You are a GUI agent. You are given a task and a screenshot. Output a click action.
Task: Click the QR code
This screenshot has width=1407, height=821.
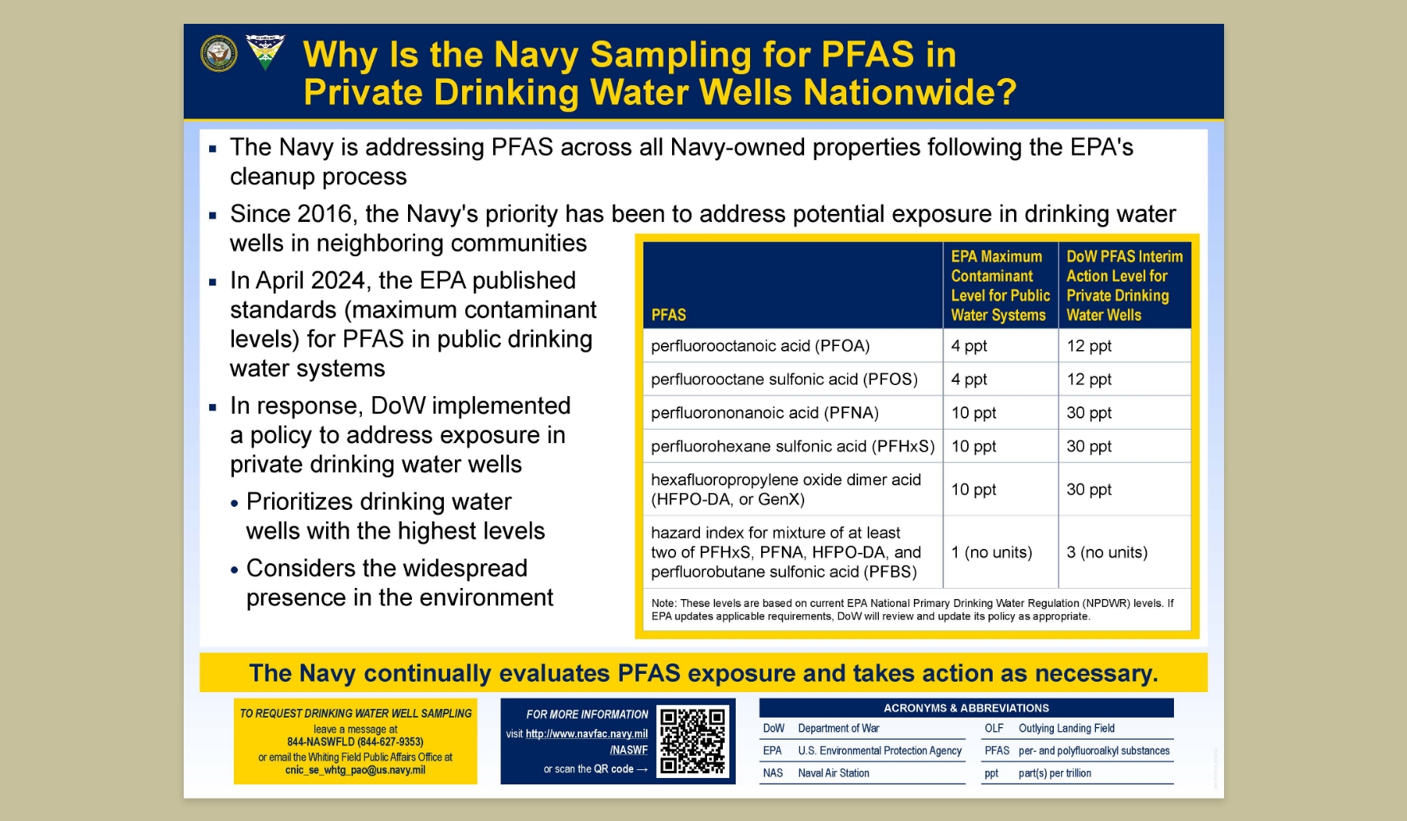point(693,741)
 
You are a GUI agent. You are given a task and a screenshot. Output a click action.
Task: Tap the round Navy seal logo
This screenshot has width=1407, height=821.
point(219,53)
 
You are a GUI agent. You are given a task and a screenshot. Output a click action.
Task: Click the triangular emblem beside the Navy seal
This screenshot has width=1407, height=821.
point(265,53)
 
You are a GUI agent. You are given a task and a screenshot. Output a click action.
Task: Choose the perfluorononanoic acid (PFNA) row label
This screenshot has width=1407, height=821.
point(764,413)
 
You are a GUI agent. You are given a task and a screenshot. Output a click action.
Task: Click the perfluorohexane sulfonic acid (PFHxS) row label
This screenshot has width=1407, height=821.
point(793,446)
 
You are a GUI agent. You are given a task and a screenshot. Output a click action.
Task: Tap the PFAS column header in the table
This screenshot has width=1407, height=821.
point(669,315)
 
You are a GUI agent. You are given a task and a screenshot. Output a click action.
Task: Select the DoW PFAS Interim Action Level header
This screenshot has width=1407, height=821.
point(1125,286)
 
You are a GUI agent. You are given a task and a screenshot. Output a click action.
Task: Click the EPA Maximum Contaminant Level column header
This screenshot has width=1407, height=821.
point(1001,286)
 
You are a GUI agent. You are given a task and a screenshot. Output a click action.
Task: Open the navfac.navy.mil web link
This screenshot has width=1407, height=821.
point(587,741)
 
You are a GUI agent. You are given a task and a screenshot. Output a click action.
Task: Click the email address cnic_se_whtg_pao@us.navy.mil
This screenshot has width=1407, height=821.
point(356,770)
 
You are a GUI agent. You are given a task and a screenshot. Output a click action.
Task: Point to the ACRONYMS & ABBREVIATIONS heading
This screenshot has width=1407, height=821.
point(966,708)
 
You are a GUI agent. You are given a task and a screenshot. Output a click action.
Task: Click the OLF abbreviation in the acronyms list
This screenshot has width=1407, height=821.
point(994,728)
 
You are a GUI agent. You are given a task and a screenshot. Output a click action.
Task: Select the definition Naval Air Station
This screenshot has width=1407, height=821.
point(834,772)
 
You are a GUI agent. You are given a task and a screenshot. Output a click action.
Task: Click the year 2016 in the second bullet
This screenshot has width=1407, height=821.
point(325,214)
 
